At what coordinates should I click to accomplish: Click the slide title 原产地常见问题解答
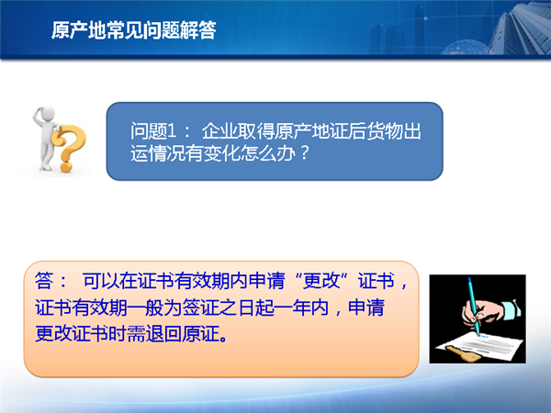133,30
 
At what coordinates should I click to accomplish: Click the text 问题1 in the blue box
153,131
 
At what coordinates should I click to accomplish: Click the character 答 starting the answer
44,281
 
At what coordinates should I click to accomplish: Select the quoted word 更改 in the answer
321,281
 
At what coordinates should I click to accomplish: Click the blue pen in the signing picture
474,307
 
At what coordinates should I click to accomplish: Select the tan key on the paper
463,353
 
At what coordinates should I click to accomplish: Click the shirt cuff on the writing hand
512,309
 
